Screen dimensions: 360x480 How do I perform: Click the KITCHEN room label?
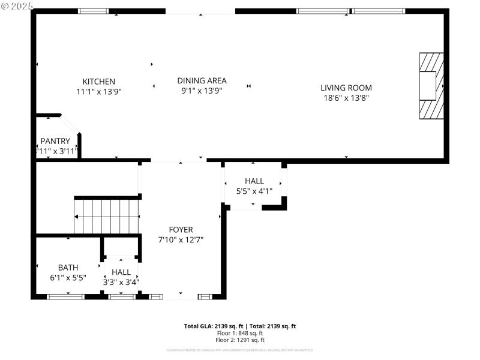point(99,82)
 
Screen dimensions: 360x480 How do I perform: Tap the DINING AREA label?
point(202,80)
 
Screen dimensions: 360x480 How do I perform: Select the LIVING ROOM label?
point(346,88)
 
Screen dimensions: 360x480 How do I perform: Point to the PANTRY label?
point(55,141)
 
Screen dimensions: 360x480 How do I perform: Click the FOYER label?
point(181,230)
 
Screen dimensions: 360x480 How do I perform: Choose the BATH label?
point(68,268)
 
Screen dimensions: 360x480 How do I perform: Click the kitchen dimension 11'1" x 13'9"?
point(99,92)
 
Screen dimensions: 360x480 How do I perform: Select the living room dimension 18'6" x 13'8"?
point(346,98)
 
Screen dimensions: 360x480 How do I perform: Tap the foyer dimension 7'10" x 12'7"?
point(181,240)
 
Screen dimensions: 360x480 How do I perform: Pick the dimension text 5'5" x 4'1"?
point(254,191)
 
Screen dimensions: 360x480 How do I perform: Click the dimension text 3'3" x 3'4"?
point(121,282)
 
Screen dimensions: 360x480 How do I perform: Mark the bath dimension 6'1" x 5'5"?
point(68,278)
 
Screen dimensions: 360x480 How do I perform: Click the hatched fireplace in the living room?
point(431,86)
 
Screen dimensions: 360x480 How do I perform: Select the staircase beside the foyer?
point(107,216)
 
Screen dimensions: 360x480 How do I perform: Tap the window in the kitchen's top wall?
point(94,11)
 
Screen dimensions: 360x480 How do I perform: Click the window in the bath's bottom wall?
point(66,296)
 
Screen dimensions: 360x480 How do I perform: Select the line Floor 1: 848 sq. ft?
point(240,333)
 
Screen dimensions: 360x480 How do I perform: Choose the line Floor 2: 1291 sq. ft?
point(240,340)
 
